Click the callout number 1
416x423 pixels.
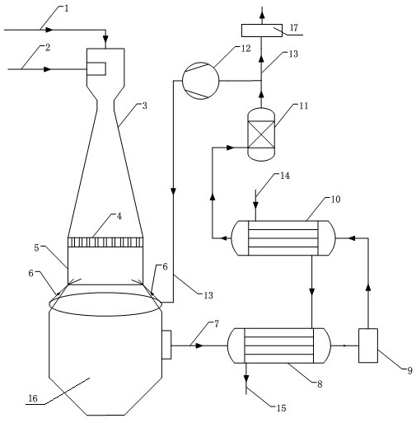pos(66,8)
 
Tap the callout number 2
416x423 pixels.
pos(48,48)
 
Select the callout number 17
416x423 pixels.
pos(294,27)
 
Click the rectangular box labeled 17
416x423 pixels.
pos(262,31)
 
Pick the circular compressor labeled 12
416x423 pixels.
pos(201,80)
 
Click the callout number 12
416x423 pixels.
pos(246,49)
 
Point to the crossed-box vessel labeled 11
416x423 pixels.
pos(261,134)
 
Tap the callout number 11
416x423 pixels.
pos(304,106)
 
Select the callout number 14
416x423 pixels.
pos(285,176)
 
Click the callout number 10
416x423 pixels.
pos(335,199)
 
